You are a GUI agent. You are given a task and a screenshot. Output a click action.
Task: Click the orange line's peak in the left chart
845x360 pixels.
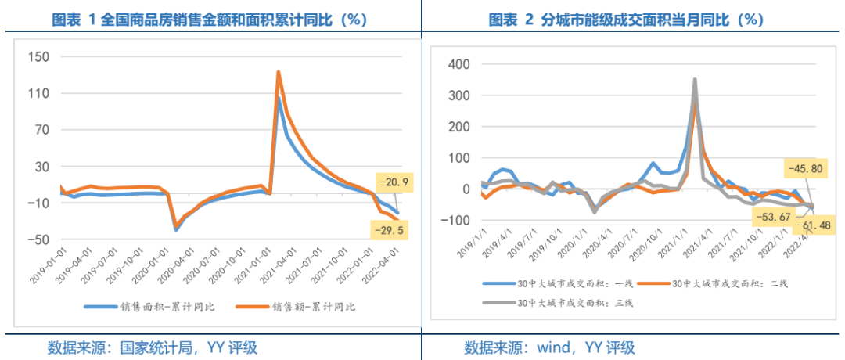point(279,72)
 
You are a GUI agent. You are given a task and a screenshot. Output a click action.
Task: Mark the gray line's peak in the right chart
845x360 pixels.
point(694,79)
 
